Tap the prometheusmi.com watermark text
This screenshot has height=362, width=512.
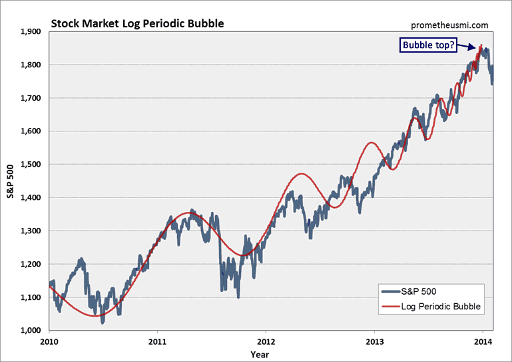pyautogui.click(x=451, y=25)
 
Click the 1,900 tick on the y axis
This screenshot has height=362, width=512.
pyautogui.click(x=31, y=31)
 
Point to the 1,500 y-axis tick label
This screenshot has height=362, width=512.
pyautogui.click(x=31, y=165)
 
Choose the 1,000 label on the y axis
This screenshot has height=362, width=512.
pyautogui.click(x=31, y=331)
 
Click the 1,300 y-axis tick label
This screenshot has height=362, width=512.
pyautogui.click(x=31, y=231)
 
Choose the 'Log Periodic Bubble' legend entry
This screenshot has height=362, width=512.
pyautogui.click(x=439, y=307)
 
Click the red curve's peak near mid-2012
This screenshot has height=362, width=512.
pyautogui.click(x=302, y=174)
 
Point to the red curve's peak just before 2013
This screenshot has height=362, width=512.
pyautogui.click(x=371, y=143)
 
